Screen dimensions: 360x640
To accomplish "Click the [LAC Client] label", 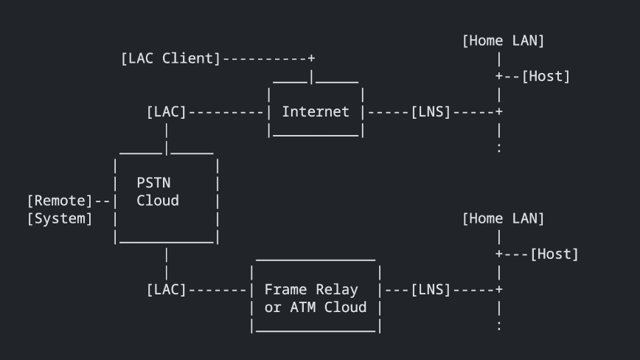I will pos(170,58).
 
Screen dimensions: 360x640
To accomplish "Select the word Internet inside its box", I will pos(316,112).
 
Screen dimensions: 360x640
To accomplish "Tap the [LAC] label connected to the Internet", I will pos(166,112).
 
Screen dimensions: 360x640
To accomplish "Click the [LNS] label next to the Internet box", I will pos(431,112).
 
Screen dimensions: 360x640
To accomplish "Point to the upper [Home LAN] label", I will pos(503,41).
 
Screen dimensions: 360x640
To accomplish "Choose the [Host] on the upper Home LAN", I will pos(546,76).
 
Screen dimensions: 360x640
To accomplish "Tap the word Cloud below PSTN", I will pos(158,201).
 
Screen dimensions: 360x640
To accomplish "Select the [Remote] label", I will pos(60,201).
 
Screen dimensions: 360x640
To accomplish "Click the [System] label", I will pos(60,218).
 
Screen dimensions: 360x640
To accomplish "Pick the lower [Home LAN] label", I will pos(503,218).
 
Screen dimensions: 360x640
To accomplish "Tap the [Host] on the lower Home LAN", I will pos(554,254).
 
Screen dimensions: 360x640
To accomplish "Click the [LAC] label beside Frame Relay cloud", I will pos(166,290).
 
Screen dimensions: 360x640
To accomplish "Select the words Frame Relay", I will pos(311,290).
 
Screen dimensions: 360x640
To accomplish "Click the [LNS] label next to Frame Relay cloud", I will pos(431,290).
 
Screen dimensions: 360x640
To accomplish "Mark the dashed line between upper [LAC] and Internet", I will pos(225,112).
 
